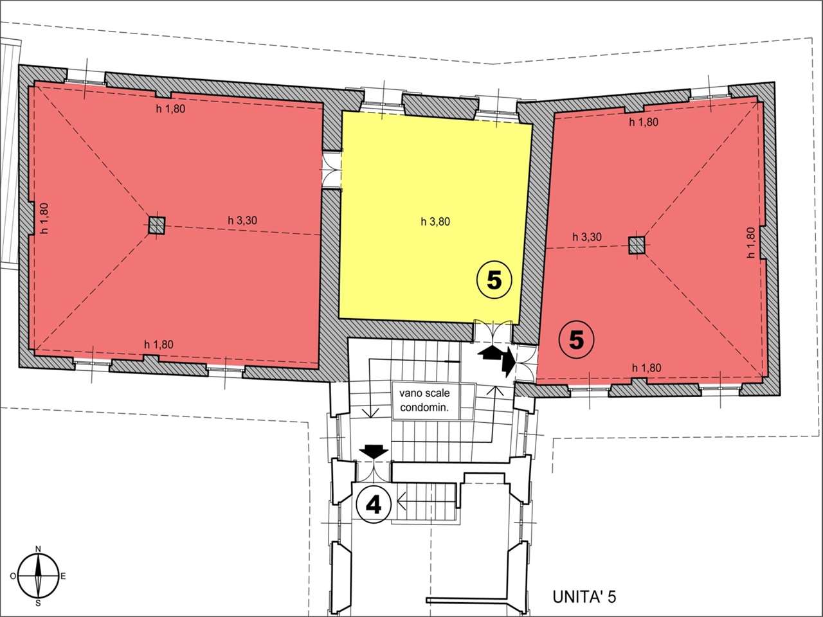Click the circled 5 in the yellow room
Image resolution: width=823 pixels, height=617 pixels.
coord(494,281)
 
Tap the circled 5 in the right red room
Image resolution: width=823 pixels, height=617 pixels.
coord(577,341)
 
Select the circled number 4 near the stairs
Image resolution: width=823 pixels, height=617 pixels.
coord(374,505)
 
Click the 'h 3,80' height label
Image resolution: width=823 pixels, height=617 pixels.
coord(435,222)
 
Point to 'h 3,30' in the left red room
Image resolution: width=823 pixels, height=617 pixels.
coord(242,220)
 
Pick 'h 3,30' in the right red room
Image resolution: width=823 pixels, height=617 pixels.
coord(587,237)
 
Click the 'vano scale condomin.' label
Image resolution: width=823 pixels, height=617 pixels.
coord(424,400)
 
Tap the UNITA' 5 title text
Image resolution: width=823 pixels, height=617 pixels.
coord(584,596)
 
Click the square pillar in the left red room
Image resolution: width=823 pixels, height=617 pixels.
coord(156,226)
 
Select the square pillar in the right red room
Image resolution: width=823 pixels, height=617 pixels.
coord(637,246)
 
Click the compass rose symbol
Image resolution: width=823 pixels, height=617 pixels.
coord(38,576)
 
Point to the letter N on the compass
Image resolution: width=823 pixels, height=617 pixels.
coord(38,549)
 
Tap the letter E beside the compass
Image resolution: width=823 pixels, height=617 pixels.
coord(63,576)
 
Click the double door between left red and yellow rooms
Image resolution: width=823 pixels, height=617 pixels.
coord(332,170)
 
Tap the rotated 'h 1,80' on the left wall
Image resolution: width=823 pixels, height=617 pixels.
coord(44,219)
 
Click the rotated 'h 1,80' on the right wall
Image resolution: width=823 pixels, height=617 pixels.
coord(751,243)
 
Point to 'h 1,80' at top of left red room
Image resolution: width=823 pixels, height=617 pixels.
coord(170,109)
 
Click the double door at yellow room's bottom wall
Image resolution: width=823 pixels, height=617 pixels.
coord(493,331)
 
